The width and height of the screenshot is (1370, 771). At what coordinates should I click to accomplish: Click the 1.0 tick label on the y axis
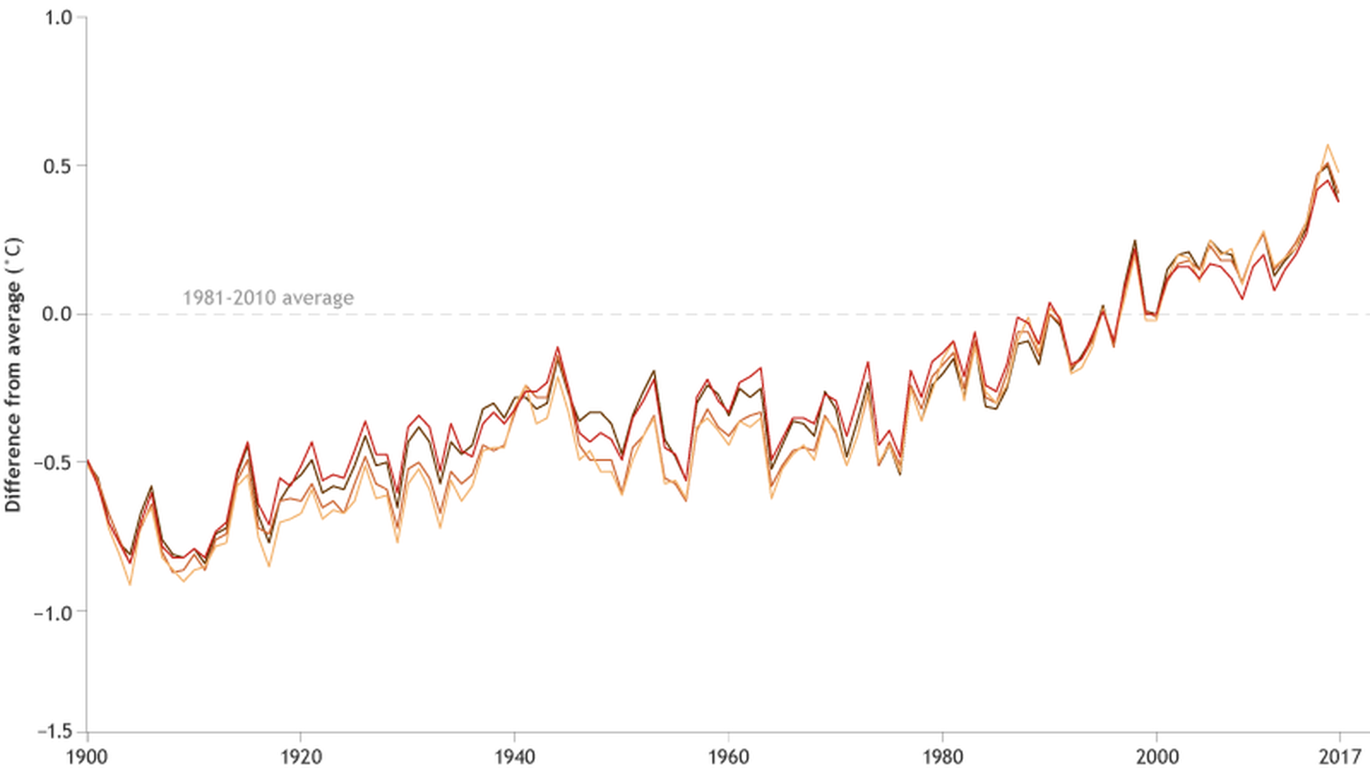pyautogui.click(x=58, y=18)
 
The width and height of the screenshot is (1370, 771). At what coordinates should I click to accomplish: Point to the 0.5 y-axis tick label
pyautogui.click(x=58, y=167)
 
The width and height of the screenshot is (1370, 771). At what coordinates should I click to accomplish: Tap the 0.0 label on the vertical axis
pyautogui.click(x=58, y=315)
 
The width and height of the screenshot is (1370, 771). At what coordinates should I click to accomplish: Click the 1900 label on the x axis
pyautogui.click(x=88, y=757)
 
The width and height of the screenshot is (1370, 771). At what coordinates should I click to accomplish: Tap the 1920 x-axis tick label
pyautogui.click(x=301, y=757)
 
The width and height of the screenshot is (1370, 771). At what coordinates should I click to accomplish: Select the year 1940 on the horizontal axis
pyautogui.click(x=515, y=757)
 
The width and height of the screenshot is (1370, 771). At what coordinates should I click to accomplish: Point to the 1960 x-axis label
pyautogui.click(x=729, y=757)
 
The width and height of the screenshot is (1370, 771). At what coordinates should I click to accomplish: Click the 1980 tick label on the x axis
pyautogui.click(x=943, y=757)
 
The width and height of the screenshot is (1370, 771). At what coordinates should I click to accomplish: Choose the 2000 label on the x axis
pyautogui.click(x=1157, y=757)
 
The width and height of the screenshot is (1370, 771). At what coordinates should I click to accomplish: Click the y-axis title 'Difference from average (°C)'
pyautogui.click(x=14, y=375)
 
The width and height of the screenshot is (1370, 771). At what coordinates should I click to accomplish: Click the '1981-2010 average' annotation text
pyautogui.click(x=268, y=298)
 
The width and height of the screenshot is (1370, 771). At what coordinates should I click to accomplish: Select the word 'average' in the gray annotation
pyautogui.click(x=318, y=298)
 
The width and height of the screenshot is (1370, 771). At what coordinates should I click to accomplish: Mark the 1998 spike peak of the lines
pyautogui.click(x=1135, y=241)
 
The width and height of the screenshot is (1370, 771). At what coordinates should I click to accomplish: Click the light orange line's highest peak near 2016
pyautogui.click(x=1328, y=145)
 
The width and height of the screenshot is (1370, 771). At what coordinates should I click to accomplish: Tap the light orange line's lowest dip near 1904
pyautogui.click(x=130, y=585)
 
